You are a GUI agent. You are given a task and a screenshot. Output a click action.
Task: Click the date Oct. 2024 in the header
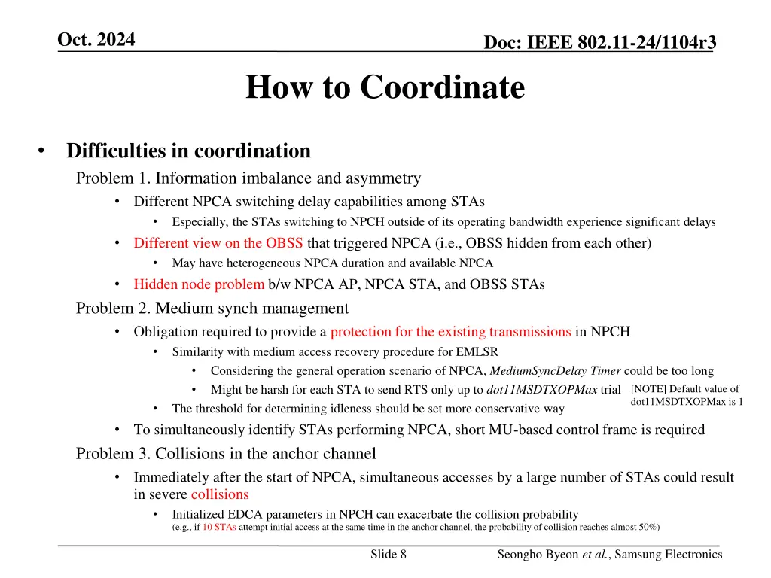[x=96, y=40]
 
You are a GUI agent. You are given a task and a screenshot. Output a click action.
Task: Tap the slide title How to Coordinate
[x=385, y=87]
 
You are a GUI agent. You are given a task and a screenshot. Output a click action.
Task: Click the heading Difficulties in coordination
[x=188, y=151]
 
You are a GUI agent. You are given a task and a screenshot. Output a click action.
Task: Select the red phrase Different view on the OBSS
[x=218, y=242]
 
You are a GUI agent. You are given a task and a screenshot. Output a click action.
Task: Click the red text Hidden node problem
[x=199, y=284]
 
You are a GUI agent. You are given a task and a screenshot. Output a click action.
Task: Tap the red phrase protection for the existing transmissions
[x=450, y=331]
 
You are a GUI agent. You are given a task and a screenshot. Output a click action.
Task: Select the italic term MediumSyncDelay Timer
[x=555, y=370]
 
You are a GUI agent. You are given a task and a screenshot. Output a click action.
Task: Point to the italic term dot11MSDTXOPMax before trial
[x=541, y=390]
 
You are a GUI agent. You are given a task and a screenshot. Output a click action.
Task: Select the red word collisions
[x=220, y=494]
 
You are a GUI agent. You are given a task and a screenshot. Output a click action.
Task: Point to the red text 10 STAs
[x=219, y=527]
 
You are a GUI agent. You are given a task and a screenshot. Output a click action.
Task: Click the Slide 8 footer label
[x=389, y=555]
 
